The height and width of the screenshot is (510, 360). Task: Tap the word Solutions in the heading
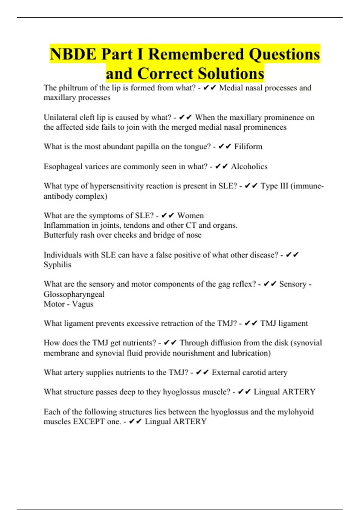click(231, 74)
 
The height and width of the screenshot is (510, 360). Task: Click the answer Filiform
click(248, 147)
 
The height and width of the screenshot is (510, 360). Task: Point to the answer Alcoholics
click(249, 166)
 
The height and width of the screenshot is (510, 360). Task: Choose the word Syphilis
click(58, 265)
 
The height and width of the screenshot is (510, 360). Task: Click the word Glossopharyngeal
click(74, 294)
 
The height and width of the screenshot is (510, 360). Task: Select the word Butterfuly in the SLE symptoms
click(61, 235)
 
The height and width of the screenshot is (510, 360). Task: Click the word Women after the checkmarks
click(190, 216)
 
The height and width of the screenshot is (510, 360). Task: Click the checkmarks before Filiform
click(225, 146)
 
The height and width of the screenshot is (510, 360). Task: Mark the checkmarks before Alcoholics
click(221, 166)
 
